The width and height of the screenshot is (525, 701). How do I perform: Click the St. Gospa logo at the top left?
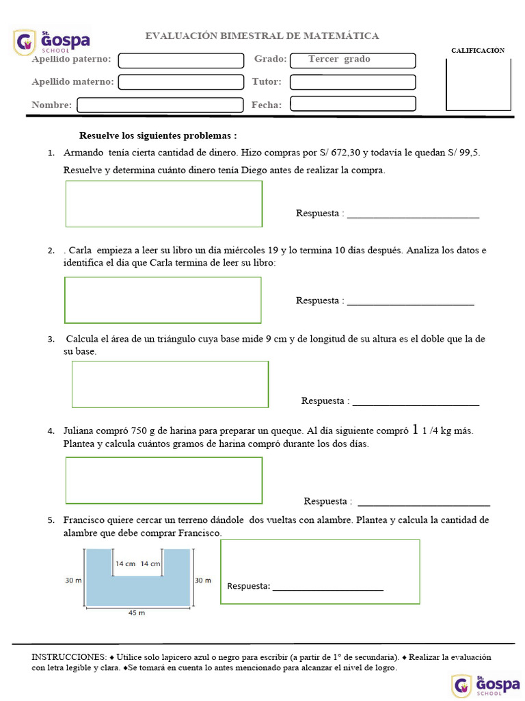click(x=52, y=42)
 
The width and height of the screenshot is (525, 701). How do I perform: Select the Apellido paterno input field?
click(x=181, y=60)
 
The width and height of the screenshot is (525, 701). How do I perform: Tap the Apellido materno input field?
click(x=181, y=82)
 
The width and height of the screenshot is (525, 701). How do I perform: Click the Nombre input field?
click(x=160, y=105)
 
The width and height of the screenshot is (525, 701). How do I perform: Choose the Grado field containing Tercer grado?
click(x=352, y=60)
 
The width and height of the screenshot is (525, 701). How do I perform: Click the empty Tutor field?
click(x=352, y=82)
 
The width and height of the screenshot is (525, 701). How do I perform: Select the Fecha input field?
click(x=352, y=104)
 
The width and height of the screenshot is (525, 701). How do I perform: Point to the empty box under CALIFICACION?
click(x=478, y=84)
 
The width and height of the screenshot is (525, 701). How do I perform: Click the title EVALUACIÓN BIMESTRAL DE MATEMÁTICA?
click(x=262, y=36)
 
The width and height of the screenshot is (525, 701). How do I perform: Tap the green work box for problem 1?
click(x=163, y=203)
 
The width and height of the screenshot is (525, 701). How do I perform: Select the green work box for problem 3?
click(x=170, y=384)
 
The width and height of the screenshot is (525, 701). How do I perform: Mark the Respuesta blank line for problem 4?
click(x=424, y=503)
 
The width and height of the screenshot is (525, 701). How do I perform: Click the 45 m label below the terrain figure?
click(x=137, y=613)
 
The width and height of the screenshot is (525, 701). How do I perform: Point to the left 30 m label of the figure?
click(x=73, y=581)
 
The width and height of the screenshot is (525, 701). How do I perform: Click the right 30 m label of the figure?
click(x=203, y=581)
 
